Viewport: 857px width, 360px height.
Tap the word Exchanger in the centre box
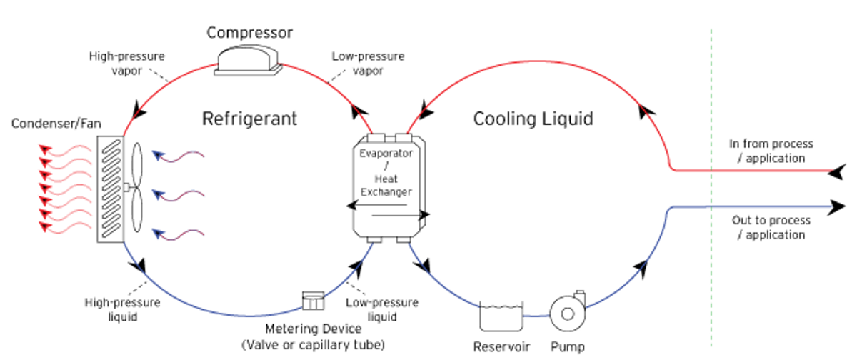click(386, 191)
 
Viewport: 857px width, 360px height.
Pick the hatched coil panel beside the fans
click(112, 187)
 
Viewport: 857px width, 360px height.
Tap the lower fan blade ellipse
click(137, 212)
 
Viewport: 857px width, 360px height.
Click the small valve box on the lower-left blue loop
click(313, 300)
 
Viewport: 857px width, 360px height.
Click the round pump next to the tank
click(568, 312)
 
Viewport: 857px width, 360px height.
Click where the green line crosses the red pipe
click(711, 171)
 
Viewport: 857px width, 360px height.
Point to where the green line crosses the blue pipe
click(711, 207)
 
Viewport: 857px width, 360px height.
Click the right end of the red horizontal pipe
click(829, 171)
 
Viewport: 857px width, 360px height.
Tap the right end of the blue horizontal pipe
click(829, 207)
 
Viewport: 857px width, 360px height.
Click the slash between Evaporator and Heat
click(386, 166)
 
